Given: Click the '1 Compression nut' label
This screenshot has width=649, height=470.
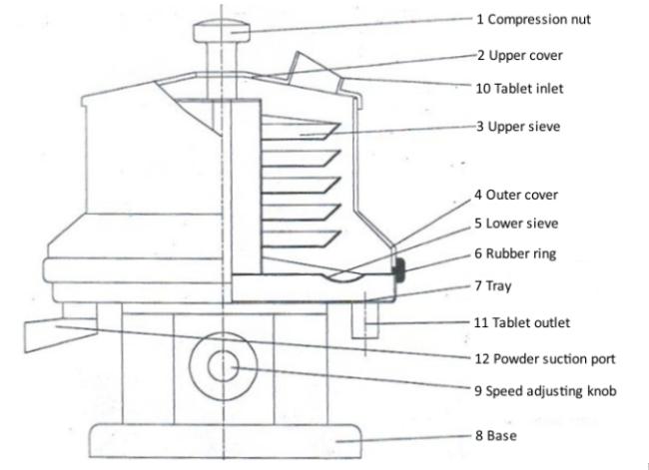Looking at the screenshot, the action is (533, 19).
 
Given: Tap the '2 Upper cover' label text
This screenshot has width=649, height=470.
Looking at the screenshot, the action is (520, 56).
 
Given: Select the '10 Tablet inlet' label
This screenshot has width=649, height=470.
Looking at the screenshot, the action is (519, 88).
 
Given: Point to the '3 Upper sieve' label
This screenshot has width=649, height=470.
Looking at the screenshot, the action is (518, 126).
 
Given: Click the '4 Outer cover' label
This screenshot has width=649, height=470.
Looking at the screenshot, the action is (516, 195).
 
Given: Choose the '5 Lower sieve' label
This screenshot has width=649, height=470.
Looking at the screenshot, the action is (516, 224).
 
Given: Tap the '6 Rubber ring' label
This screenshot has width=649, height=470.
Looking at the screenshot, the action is (515, 253).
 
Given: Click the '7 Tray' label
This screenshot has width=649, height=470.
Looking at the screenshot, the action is (493, 285).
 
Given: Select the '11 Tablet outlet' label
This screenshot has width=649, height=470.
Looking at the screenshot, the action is (522, 322).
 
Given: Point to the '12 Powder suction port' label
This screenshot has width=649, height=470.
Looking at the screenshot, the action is (545, 358).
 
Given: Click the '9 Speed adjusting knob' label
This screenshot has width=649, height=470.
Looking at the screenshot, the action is (545, 390).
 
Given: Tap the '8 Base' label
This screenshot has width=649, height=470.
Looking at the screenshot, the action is (496, 435).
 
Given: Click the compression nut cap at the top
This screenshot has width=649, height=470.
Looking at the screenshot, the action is (222, 32).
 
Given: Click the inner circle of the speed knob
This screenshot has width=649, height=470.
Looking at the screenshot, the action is (224, 366).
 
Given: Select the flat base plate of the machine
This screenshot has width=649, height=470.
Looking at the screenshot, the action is (226, 441).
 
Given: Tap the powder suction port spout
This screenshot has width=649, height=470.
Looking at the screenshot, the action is (61, 334).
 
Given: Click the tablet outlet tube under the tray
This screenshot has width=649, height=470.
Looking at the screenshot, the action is (365, 320).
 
